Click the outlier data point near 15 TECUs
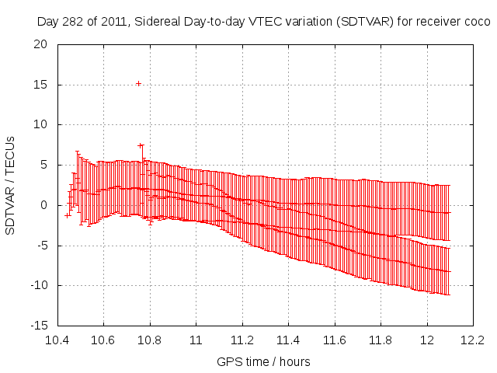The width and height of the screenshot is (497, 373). pyautogui.click(x=138, y=83)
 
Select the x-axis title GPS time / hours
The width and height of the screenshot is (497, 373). pyautogui.click(x=264, y=361)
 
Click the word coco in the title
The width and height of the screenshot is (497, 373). pyautogui.click(x=476, y=22)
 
